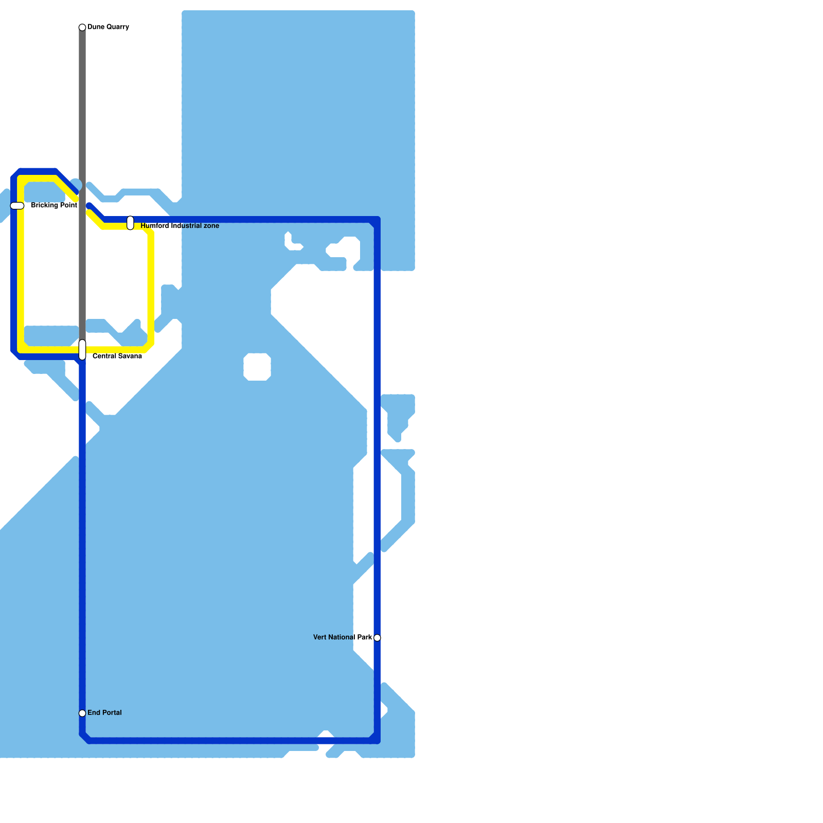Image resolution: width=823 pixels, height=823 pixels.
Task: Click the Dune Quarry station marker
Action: [82, 27]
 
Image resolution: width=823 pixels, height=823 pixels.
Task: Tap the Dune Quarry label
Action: [108, 27]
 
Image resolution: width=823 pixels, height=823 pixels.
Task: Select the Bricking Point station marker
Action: [17, 206]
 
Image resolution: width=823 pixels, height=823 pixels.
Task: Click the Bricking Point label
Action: [54, 206]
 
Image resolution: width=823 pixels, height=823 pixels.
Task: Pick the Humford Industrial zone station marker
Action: [130, 223]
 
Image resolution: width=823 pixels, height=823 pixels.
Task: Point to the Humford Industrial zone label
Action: [180, 226]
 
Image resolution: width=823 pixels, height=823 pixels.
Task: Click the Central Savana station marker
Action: [82, 350]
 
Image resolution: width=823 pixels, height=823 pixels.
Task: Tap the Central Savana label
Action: [117, 356]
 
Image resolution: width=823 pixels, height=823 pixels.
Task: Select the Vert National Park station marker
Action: [377, 638]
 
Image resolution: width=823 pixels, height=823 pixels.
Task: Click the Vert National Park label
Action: [343, 637]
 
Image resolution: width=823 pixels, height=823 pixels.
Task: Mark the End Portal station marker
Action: [82, 713]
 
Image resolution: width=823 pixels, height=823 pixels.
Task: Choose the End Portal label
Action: [104, 713]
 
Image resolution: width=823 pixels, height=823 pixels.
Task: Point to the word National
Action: [342, 637]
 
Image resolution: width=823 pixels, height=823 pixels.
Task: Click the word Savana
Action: [130, 356]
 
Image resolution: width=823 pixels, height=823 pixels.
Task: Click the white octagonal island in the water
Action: [257, 367]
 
